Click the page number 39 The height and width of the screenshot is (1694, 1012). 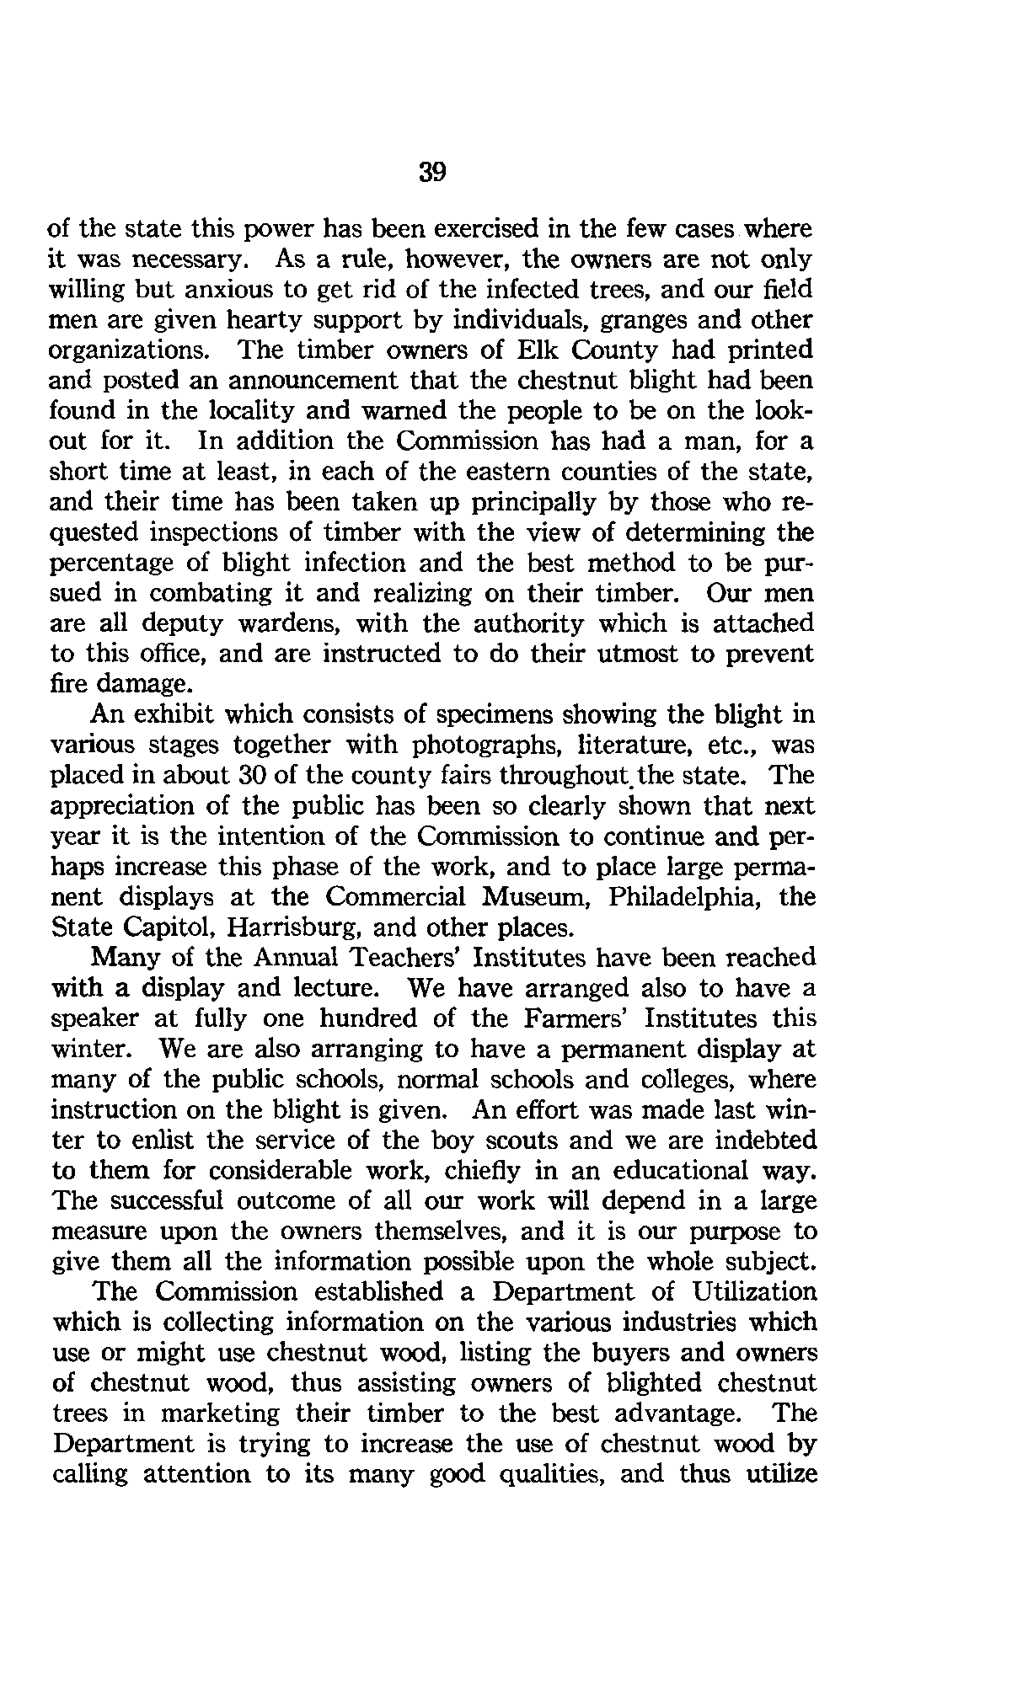click(x=431, y=173)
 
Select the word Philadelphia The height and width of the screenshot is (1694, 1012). click(x=679, y=896)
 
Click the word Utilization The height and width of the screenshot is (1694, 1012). click(x=753, y=1291)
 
